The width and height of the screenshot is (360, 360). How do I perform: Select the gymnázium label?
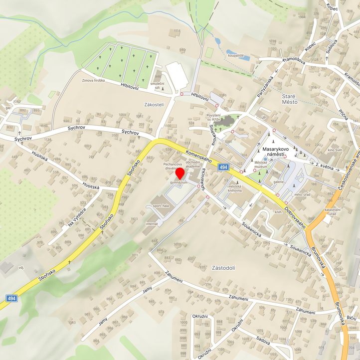pyautogui.click(x=178, y=183)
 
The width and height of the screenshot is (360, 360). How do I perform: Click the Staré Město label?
pyautogui.click(x=289, y=98)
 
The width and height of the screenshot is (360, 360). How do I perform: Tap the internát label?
pyautogui.click(x=152, y=224)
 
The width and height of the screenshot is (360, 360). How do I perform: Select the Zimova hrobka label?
pyautogui.click(x=93, y=80)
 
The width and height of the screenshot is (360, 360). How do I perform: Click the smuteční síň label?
pyautogui.click(x=158, y=84)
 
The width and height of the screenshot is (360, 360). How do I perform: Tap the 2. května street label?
pyautogui.click(x=324, y=164)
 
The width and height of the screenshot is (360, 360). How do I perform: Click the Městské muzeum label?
pyautogui.click(x=261, y=164)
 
